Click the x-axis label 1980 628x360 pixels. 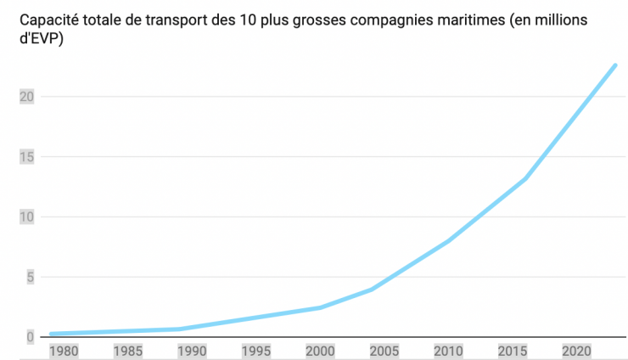pyautogui.click(x=64, y=350)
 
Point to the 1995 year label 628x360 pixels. pyautogui.click(x=255, y=350)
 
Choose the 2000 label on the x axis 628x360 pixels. pyautogui.click(x=318, y=350)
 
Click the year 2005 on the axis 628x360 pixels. pyautogui.click(x=382, y=350)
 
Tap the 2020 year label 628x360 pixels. pyautogui.click(x=574, y=350)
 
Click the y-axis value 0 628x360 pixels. pyautogui.click(x=30, y=336)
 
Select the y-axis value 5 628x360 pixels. pyautogui.click(x=30, y=277)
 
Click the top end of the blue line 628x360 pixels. pyautogui.click(x=614, y=65)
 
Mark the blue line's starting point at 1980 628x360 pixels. pyautogui.click(x=51, y=334)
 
